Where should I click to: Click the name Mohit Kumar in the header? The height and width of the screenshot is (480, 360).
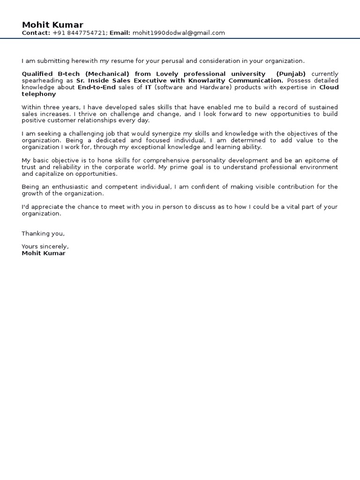pyautogui.click(x=52, y=25)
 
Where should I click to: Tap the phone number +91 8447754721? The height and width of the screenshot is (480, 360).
pyautogui.click(x=80, y=33)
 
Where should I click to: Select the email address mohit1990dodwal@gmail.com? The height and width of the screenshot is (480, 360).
pyautogui.click(x=179, y=33)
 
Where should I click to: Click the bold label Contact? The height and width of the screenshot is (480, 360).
pyautogui.click(x=36, y=33)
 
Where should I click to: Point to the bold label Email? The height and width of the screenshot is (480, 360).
pyautogui.click(x=120, y=33)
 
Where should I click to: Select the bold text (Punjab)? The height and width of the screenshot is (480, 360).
pyautogui.click(x=291, y=74)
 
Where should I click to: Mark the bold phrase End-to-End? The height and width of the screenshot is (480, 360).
pyautogui.click(x=97, y=87)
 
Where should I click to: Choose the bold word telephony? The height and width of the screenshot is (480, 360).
pyautogui.click(x=38, y=94)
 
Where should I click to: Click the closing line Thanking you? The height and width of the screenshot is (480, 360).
pyautogui.click(x=43, y=233)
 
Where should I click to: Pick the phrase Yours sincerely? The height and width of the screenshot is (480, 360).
pyautogui.click(x=45, y=247)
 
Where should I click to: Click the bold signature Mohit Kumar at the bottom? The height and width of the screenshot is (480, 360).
pyautogui.click(x=44, y=253)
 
